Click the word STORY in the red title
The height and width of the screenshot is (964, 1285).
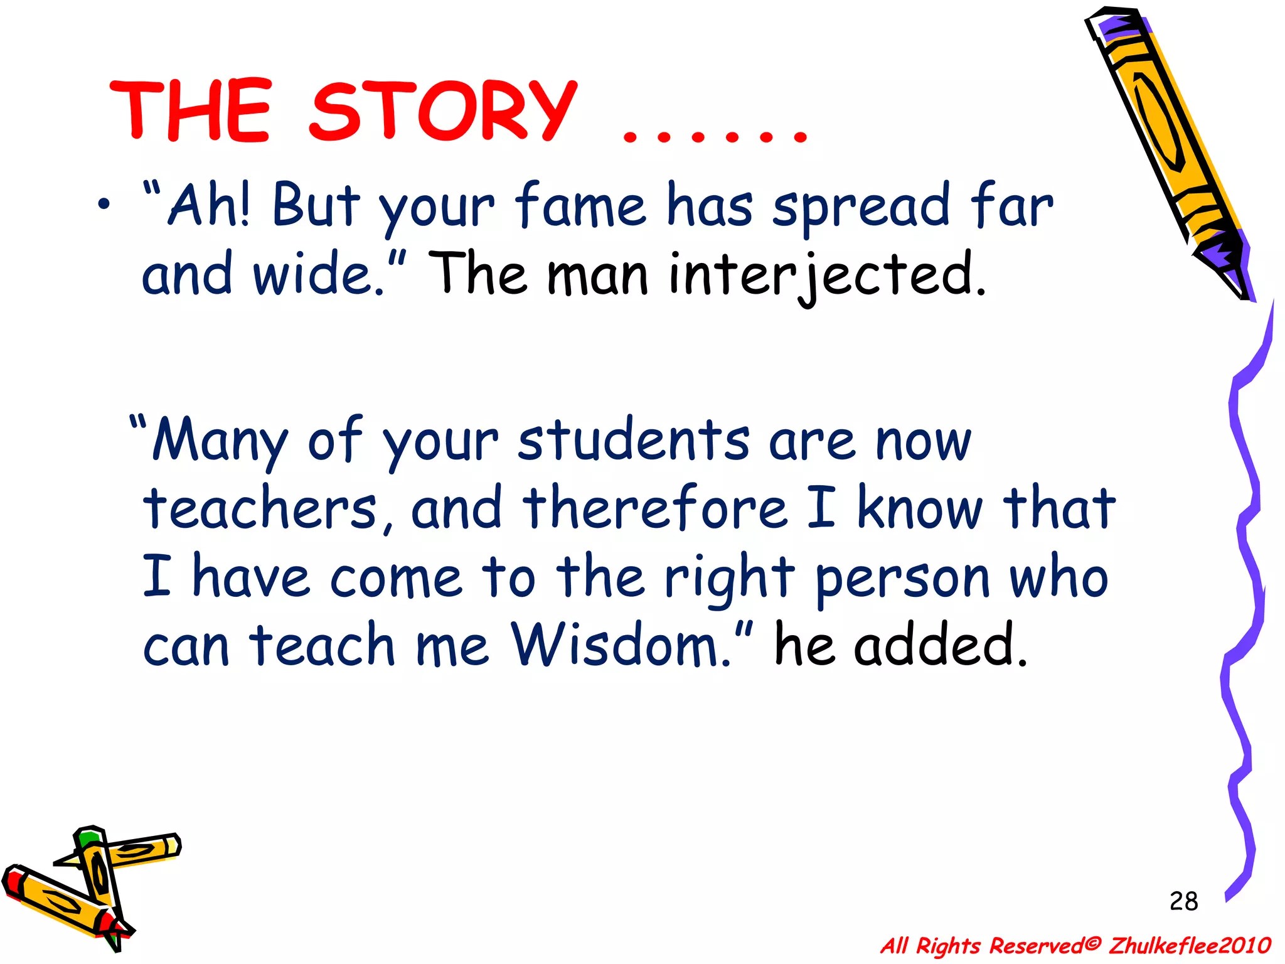tap(443, 112)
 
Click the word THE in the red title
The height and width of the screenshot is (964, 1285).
tap(191, 112)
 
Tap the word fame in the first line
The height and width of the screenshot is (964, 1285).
tap(580, 205)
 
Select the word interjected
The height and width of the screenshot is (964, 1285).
tap(827, 275)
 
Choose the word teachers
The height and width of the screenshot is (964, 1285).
tap(260, 508)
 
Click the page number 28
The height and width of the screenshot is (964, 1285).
tap(1184, 901)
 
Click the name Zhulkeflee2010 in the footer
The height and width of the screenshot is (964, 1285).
tap(1190, 945)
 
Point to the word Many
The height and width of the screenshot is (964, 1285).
tap(220, 440)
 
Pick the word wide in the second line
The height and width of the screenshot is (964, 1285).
tap(314, 275)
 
